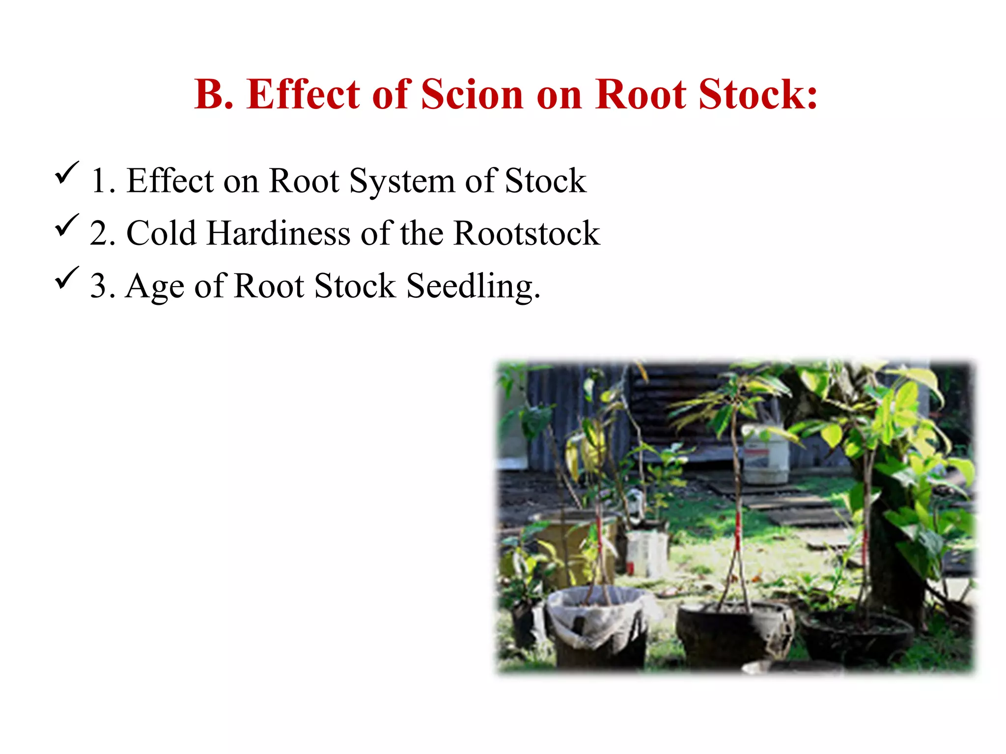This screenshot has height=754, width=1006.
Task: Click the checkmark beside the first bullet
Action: pos(66,173)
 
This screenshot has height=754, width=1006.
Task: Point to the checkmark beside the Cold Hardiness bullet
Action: pos(66,226)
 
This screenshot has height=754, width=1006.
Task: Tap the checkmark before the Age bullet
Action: pos(66,278)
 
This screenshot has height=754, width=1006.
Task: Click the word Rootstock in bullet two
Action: pos(526,233)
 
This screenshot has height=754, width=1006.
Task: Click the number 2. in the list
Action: pos(102,234)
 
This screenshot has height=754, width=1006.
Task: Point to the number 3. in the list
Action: pos(102,286)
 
